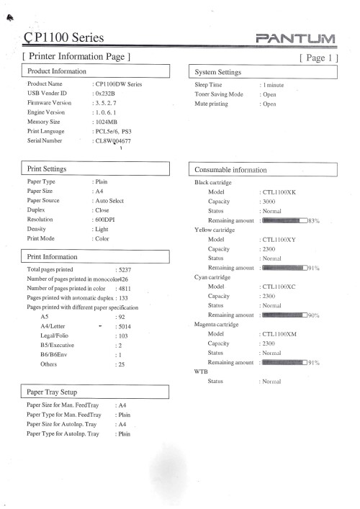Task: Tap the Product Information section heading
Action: pyautogui.click(x=57, y=71)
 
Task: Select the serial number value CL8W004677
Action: pyautogui.click(x=114, y=142)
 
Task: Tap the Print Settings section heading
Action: pyautogui.click(x=47, y=168)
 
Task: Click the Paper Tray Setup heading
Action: pyautogui.click(x=52, y=392)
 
